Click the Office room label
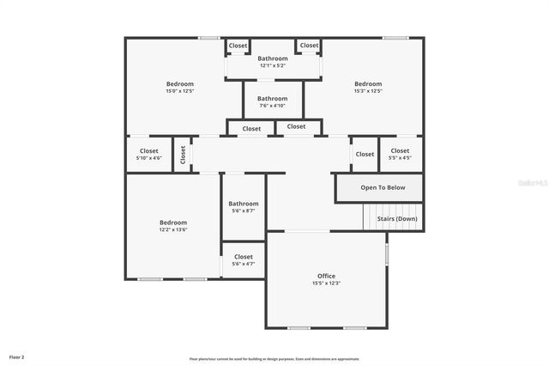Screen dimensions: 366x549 coord(326,276)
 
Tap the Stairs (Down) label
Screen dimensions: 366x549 coord(398,218)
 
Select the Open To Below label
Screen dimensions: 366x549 coord(383,187)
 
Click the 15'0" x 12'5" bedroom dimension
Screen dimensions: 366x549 coord(180,91)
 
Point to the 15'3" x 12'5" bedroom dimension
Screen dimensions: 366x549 coord(368,91)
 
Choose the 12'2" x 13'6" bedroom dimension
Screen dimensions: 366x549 coord(172,229)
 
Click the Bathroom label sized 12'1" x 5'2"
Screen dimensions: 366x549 coord(273,58)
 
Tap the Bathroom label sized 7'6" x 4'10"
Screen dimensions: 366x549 coord(273,99)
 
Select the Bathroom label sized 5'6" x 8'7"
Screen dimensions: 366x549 coord(243,204)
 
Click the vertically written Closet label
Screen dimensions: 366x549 coord(183,155)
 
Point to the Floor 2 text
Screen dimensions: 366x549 coord(17,357)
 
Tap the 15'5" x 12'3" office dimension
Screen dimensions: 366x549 coord(326,284)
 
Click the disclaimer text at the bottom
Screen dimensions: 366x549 coord(274,359)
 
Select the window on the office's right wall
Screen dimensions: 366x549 coord(387,254)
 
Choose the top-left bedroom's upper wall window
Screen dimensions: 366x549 coord(208,37)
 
